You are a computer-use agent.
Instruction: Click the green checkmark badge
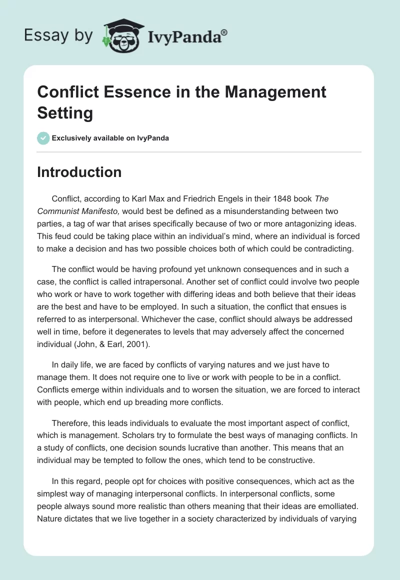tap(43, 138)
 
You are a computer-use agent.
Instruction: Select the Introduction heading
tap(79, 172)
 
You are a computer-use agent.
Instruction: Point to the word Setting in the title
tap(65, 112)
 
